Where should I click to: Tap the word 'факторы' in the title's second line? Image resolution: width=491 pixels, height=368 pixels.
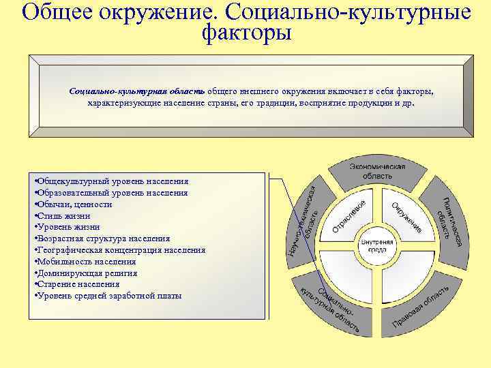point(247,31)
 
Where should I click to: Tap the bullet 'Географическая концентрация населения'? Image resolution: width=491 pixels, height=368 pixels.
point(119,249)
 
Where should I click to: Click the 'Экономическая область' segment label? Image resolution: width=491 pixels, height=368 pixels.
point(377,171)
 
